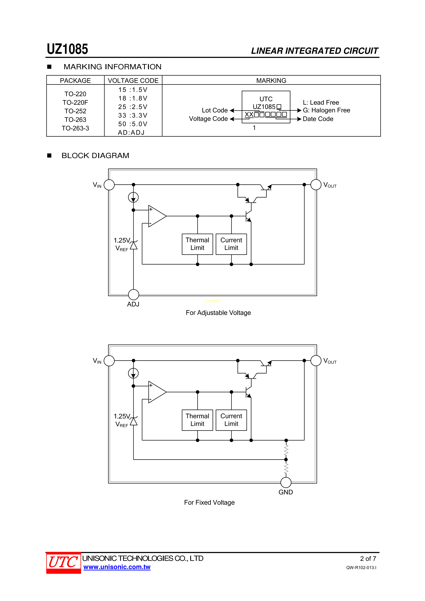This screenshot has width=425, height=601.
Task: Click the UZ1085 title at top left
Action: pos(67,49)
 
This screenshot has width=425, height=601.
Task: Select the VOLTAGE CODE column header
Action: pos(133,81)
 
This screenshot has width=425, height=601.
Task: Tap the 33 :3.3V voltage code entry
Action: pos(133,115)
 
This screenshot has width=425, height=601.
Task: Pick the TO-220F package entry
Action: pos(75,103)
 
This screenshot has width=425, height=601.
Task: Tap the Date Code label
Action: pos(318,119)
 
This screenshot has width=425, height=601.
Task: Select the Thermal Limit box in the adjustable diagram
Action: pos(198,244)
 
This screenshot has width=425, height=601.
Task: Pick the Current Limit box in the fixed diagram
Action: pos(231,420)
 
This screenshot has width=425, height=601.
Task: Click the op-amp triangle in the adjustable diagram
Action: pos(156,216)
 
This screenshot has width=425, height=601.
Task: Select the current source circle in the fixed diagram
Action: pos(133,373)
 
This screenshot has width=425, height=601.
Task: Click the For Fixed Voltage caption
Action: pos(209,502)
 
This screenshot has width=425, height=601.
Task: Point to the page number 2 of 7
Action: pos(368,559)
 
